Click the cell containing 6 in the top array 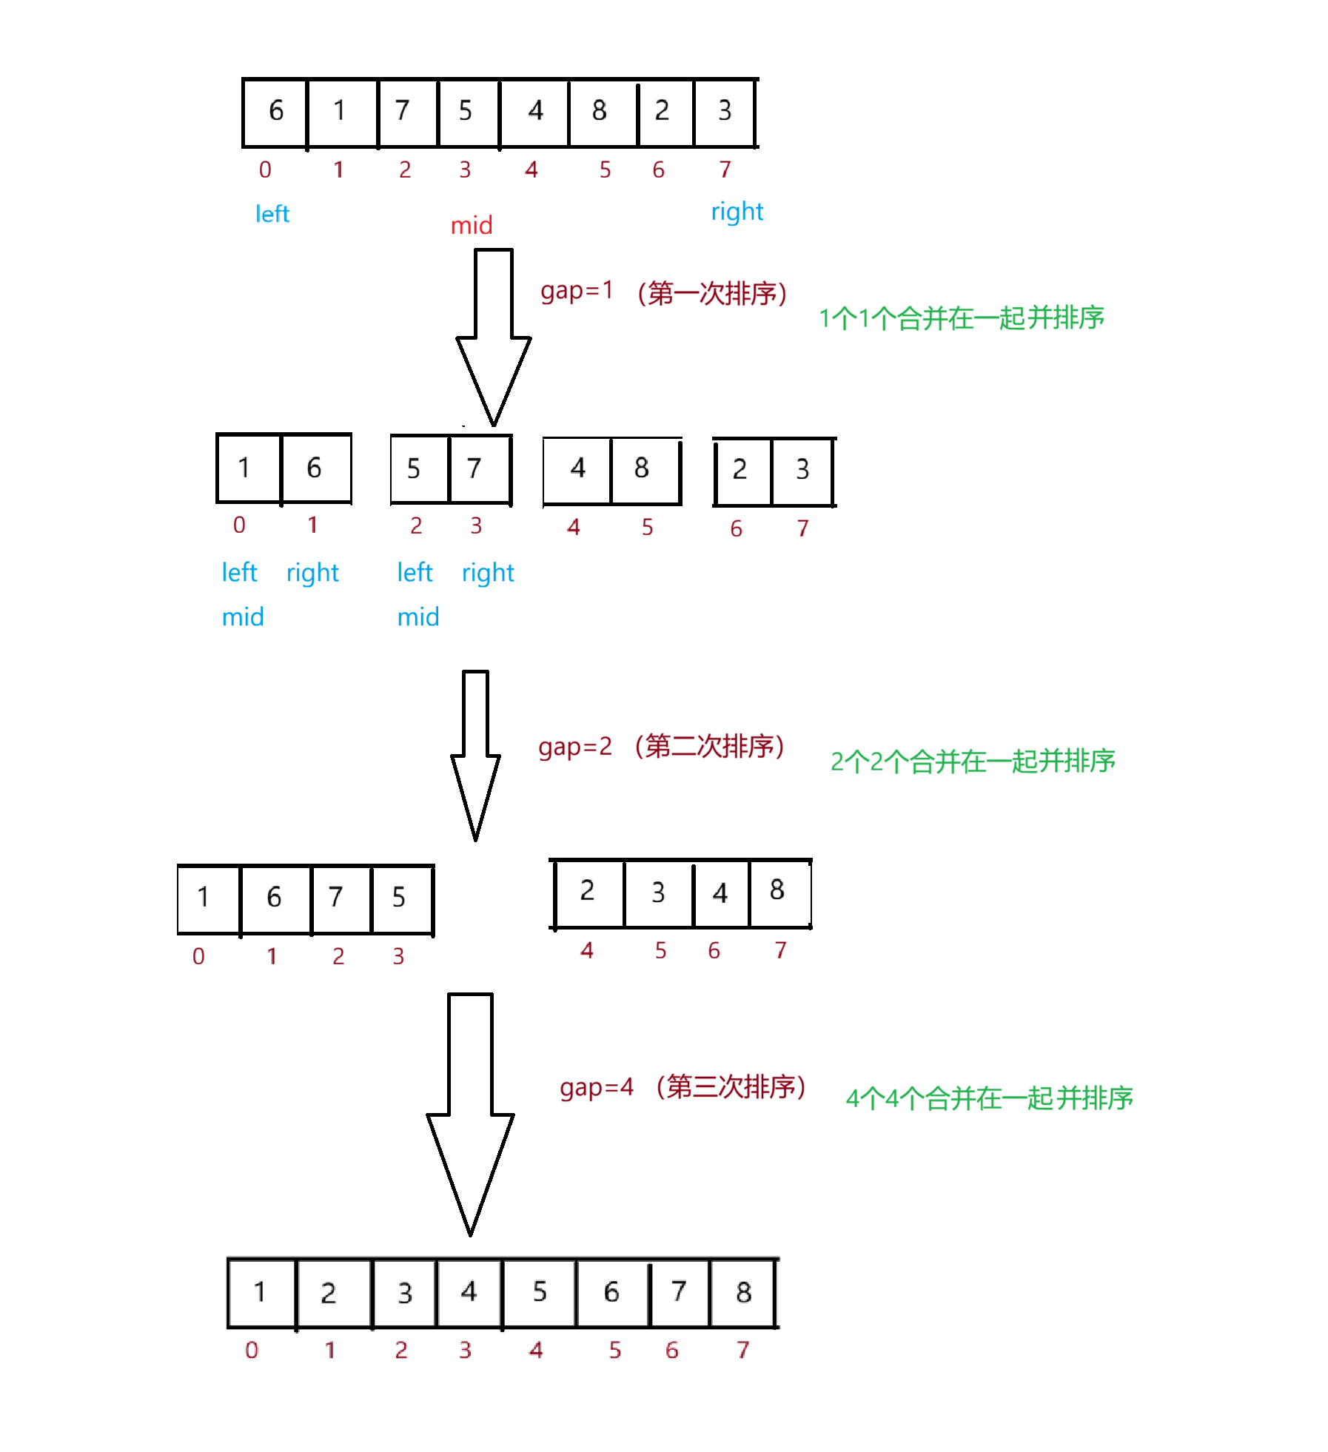pyautogui.click(x=275, y=112)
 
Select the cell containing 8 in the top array pyautogui.click(x=600, y=112)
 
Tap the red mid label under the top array pyautogui.click(x=472, y=225)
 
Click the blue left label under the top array pyautogui.click(x=272, y=214)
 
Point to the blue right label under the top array pyautogui.click(x=736, y=212)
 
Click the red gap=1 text pyautogui.click(x=577, y=291)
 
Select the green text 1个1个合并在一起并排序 pyautogui.click(x=960, y=318)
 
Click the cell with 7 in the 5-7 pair pyautogui.click(x=477, y=468)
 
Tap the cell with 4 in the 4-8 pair pyautogui.click(x=577, y=468)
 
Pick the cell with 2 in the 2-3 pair pyautogui.click(x=740, y=469)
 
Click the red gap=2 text pyautogui.click(x=575, y=747)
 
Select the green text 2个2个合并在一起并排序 pyautogui.click(x=972, y=762)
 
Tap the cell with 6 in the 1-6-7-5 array pyautogui.click(x=275, y=898)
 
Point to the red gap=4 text pyautogui.click(x=597, y=1087)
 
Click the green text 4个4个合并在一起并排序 pyautogui.click(x=988, y=1098)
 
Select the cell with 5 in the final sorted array pyautogui.click(x=540, y=1292)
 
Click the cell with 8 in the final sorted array pyautogui.click(x=743, y=1292)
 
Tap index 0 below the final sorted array pyautogui.click(x=252, y=1351)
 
